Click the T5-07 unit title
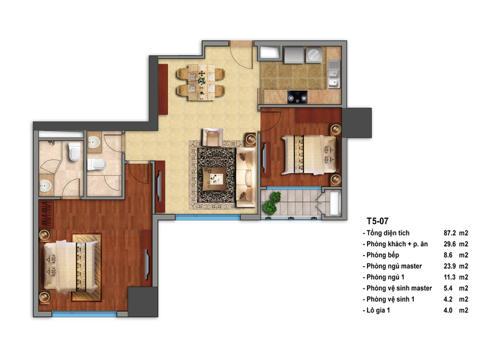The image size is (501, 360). [377, 221]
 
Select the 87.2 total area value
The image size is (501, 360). [450, 233]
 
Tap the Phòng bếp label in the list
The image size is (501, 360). [382, 255]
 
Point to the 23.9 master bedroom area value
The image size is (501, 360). [450, 266]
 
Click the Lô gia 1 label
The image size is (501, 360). [378, 310]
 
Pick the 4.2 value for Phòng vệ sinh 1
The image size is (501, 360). [448, 299]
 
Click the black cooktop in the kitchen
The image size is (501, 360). [297, 97]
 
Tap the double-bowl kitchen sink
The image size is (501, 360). [334, 74]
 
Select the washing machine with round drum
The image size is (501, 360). [313, 54]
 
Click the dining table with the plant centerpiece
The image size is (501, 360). [201, 82]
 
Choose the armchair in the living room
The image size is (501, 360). [213, 137]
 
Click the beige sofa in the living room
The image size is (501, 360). [246, 177]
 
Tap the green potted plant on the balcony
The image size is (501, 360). [271, 203]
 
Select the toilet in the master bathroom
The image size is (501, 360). [74, 151]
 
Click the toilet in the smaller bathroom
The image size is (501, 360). [96, 164]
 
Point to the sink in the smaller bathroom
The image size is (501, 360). [94, 143]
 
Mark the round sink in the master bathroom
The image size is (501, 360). [45, 186]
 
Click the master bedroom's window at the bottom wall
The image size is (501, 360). [84, 314]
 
